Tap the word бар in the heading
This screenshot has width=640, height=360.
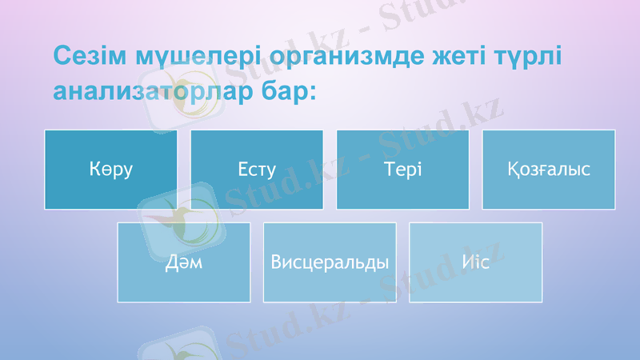point(282,91)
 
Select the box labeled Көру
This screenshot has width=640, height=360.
point(110,170)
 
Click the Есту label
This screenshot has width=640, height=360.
point(257,170)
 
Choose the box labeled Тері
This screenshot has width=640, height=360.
point(402,170)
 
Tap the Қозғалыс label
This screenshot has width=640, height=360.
point(549,170)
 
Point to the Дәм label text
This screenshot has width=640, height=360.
point(184,262)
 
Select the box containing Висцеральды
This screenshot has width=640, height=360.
point(330,262)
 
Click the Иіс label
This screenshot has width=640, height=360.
point(475,262)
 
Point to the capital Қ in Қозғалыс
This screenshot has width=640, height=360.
point(513,170)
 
